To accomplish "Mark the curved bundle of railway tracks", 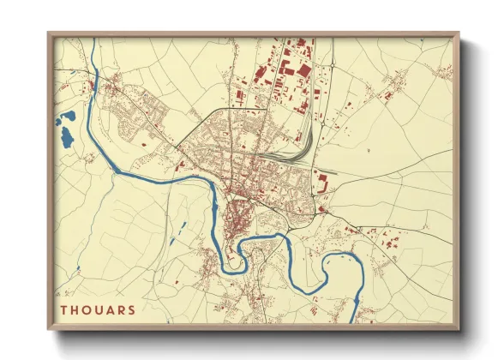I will point(296,155).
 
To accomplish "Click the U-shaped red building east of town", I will point(324,182).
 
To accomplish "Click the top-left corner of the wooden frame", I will point(50,34).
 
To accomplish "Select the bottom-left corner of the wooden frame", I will point(50,328).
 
